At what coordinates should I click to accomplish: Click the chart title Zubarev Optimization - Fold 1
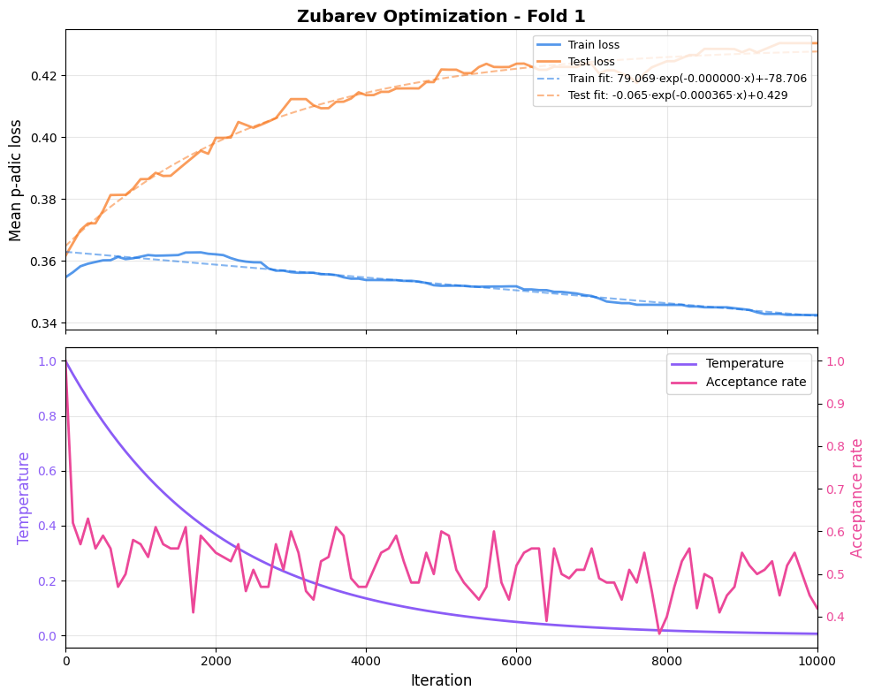[x=441, y=16]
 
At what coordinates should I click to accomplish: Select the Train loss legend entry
[x=593, y=44]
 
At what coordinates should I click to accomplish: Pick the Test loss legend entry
[x=591, y=61]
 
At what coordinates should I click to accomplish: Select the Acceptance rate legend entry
[x=756, y=382]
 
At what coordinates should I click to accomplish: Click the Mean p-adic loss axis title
[x=16, y=179]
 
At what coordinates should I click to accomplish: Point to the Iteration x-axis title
[x=441, y=680]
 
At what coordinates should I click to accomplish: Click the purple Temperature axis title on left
[x=24, y=497]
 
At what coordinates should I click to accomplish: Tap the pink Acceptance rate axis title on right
[x=856, y=497]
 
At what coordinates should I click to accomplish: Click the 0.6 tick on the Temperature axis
[x=48, y=471]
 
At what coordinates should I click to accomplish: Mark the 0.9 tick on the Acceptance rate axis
[x=835, y=404]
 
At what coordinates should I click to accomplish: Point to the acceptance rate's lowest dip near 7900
[x=659, y=633]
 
